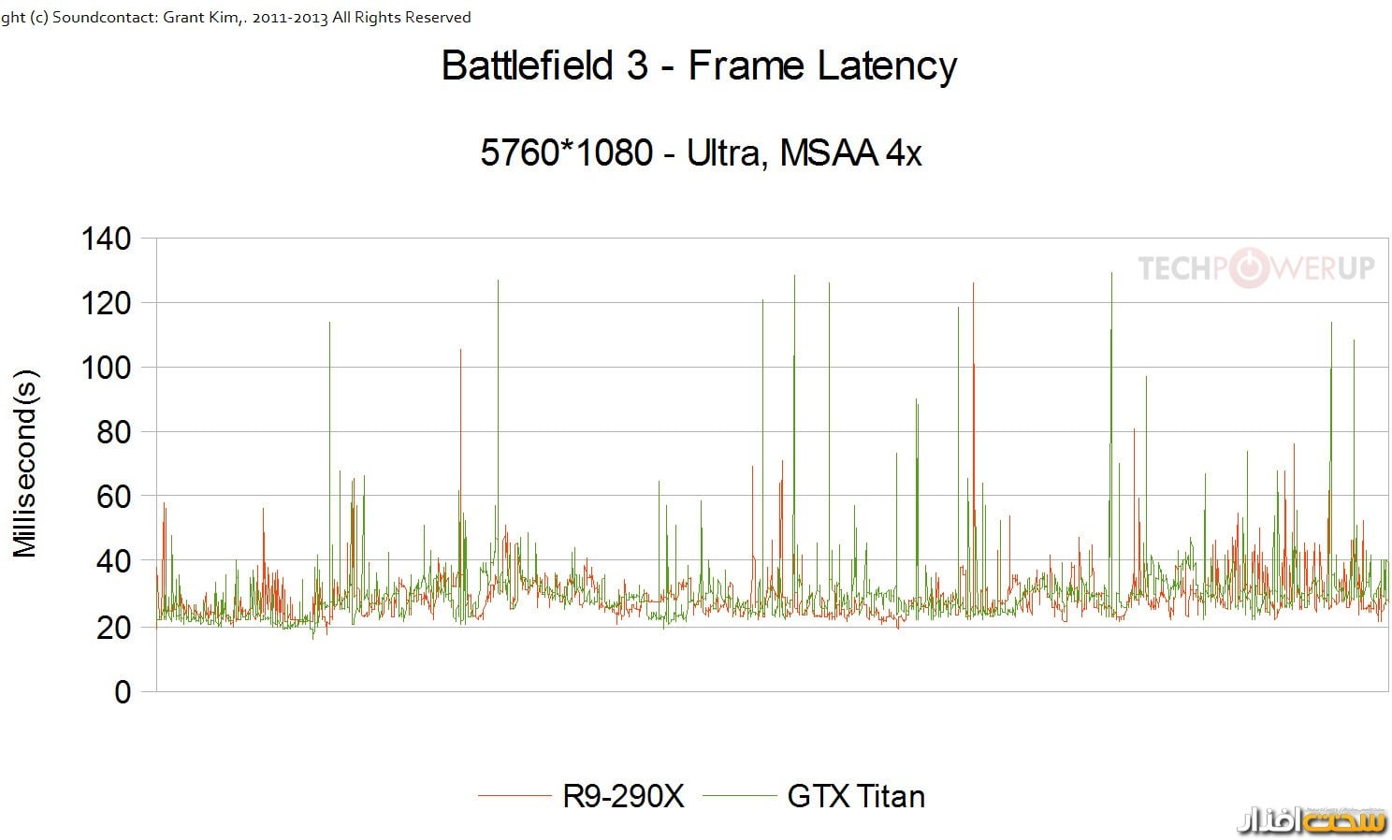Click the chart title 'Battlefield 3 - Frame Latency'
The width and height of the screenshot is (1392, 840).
(699, 65)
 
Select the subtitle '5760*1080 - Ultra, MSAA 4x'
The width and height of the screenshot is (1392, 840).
(701, 152)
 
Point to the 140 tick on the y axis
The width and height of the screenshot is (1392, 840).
(107, 239)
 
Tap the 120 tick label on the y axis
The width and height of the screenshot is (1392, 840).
(107, 303)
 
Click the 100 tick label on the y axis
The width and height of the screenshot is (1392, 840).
(107, 368)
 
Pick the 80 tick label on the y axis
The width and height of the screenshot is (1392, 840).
(113, 432)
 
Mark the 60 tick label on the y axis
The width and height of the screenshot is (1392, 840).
(113, 497)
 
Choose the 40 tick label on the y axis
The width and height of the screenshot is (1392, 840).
(113, 561)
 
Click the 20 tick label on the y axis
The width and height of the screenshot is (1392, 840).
(113, 627)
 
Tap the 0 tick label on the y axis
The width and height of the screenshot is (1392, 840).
(123, 691)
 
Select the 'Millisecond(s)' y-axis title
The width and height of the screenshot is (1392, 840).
(25, 464)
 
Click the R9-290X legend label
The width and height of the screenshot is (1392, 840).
(623, 796)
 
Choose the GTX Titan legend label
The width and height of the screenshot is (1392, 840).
(856, 796)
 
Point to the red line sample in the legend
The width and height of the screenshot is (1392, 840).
(515, 796)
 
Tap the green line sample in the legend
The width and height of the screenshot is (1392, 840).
(739, 796)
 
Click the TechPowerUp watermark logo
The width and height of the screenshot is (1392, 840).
(1255, 268)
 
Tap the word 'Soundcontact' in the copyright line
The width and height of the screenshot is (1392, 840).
(95, 18)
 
